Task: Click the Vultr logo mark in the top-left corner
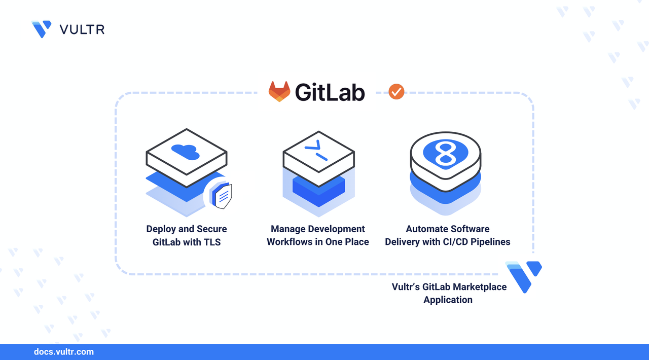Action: [41, 29]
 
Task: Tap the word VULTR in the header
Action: [82, 29]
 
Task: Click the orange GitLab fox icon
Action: [279, 92]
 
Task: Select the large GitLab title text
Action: [330, 92]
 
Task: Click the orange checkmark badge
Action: [396, 92]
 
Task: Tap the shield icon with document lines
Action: [222, 195]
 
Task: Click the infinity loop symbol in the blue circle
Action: [444, 152]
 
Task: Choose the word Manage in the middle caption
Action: [287, 229]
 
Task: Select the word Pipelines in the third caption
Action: [490, 242]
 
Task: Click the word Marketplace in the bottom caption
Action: [480, 287]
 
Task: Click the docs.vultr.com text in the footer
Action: [63, 352]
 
